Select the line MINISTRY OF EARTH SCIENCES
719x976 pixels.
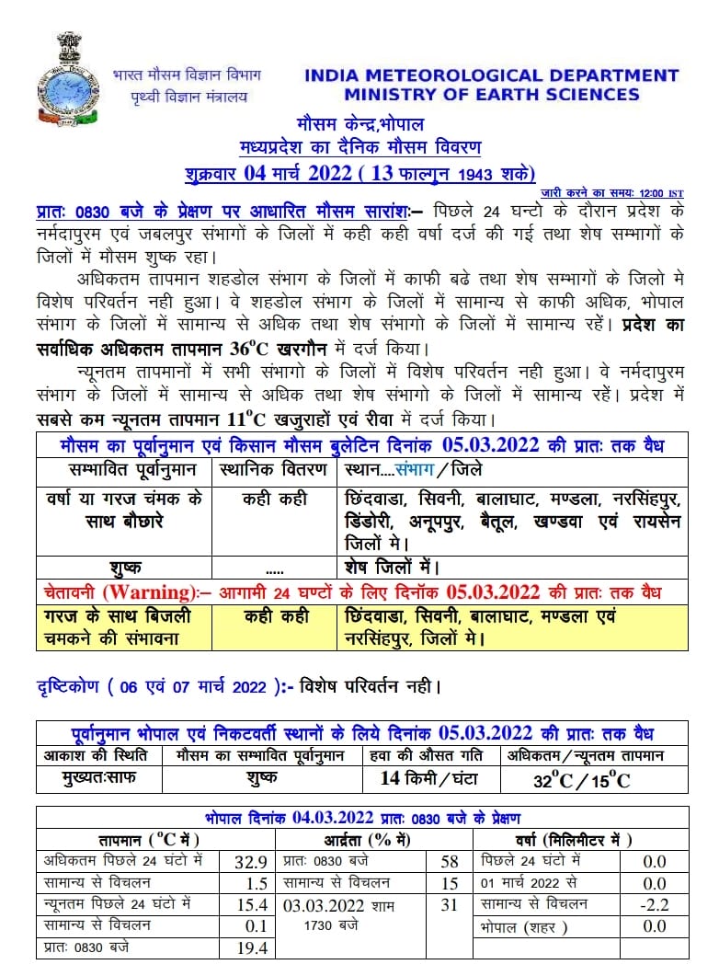pyautogui.click(x=491, y=94)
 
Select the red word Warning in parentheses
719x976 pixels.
pyautogui.click(x=148, y=591)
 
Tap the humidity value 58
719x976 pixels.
pyautogui.click(x=449, y=862)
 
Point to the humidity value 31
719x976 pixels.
pyautogui.click(x=449, y=905)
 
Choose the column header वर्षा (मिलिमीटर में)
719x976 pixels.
pyautogui.click(x=578, y=840)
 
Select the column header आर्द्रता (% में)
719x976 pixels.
pyautogui.click(x=372, y=840)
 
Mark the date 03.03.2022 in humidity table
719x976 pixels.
pyautogui.click(x=325, y=905)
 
